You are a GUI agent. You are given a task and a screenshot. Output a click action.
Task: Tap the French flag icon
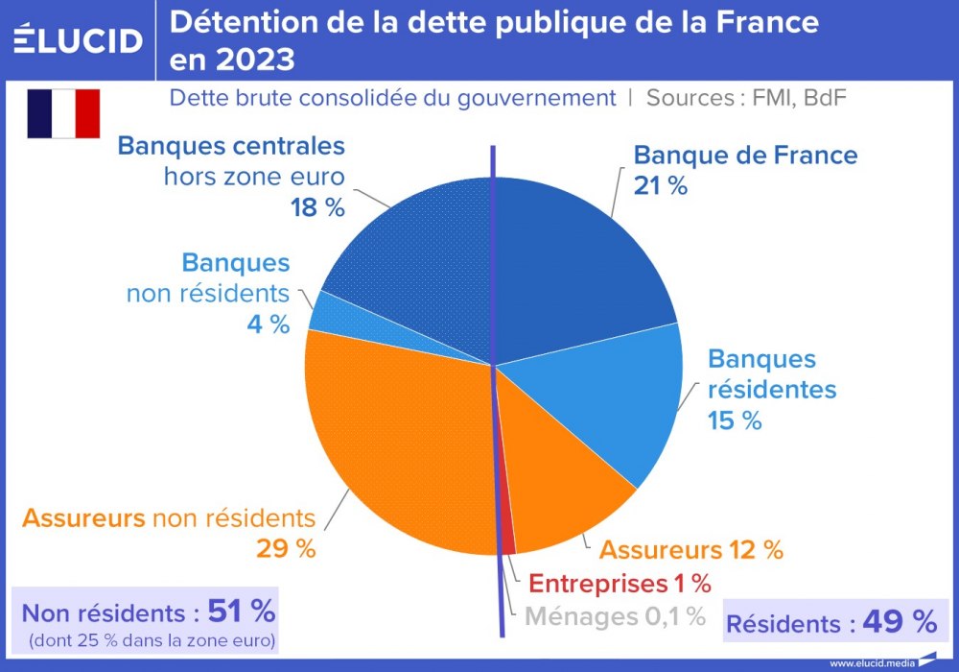point(63,113)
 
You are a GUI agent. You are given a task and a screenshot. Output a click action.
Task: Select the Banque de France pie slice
point(575,259)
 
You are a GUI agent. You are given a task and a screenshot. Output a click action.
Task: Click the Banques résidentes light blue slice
point(614,403)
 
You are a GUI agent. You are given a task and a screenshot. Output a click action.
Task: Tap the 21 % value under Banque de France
point(661,186)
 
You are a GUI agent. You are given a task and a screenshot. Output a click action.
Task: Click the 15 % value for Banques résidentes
point(735,420)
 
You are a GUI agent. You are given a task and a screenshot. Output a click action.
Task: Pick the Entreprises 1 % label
point(620,583)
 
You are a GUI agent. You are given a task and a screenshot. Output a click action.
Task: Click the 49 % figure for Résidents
point(899,622)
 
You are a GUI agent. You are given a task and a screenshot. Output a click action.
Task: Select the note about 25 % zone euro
point(152,639)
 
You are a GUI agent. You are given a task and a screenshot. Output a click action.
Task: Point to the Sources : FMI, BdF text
point(746,97)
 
